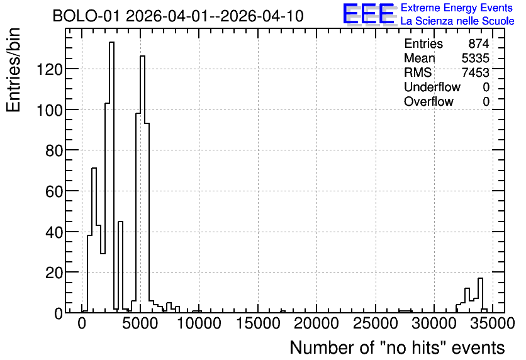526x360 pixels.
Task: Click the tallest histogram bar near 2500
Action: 112,177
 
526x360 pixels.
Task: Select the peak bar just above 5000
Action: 143,184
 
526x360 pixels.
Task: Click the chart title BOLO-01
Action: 178,16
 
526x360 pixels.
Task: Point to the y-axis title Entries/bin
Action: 13,70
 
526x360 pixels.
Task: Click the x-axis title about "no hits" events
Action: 397,347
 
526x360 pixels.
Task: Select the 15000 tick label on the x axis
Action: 258,323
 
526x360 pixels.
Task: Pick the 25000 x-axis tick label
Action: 376,323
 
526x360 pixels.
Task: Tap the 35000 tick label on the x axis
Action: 493,323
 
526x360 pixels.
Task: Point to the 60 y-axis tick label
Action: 54,191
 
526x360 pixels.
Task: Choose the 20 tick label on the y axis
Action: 54,273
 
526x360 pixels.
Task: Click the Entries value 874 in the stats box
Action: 479,43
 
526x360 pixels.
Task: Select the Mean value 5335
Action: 475,58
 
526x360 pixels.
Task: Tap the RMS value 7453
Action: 475,72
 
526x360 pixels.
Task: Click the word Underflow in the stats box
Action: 432,87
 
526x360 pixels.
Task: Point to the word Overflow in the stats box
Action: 428,101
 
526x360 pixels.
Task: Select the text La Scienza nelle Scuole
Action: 457,21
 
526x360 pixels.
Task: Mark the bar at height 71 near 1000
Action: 94,240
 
